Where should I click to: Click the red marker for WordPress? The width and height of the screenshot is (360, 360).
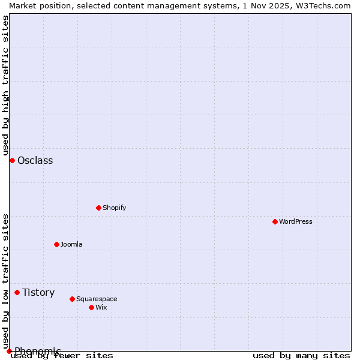tap(275, 221)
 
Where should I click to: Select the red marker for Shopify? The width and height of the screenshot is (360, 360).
tap(98, 208)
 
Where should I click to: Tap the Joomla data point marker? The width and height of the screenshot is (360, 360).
tap(56, 244)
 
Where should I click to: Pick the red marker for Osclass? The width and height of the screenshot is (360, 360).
tap(12, 160)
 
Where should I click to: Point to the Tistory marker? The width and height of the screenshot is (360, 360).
tap(17, 292)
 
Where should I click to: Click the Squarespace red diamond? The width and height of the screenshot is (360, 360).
tap(72, 299)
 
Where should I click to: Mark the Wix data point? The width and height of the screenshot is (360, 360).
tap(91, 307)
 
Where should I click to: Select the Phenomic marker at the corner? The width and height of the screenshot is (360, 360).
tap(9, 351)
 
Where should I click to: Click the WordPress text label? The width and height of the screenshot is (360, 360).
tap(296, 221)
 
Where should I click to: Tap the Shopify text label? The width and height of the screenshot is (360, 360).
tap(114, 208)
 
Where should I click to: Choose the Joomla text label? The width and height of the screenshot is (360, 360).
tap(71, 244)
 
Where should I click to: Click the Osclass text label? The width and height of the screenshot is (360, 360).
tap(35, 160)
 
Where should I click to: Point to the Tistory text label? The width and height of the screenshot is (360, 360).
tap(38, 292)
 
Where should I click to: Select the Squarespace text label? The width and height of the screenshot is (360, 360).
tap(97, 299)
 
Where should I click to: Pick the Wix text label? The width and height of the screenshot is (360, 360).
tap(101, 307)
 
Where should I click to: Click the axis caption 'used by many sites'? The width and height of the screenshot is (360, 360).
tap(301, 355)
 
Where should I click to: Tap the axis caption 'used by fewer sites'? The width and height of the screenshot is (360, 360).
tap(62, 355)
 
